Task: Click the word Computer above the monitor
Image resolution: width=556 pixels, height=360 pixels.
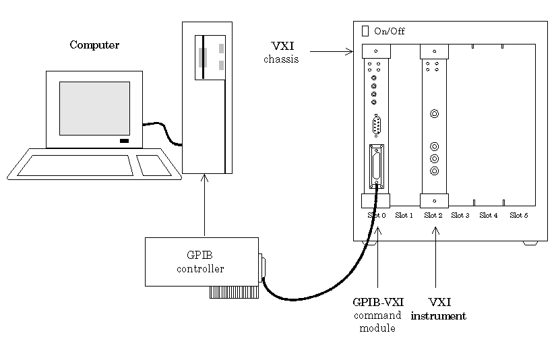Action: pos(94,45)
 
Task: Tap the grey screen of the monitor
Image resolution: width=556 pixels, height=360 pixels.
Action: pos(94,109)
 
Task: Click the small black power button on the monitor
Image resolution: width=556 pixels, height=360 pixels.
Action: pos(124,141)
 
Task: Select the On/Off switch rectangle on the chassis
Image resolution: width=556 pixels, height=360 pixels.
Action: pos(365,31)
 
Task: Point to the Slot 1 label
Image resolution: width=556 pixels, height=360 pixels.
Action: pos(404,215)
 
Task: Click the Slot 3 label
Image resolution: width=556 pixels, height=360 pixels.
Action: pos(460,215)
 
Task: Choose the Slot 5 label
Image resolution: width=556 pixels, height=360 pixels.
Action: pos(519,215)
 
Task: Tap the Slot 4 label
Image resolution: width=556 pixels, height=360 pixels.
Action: pos(489,215)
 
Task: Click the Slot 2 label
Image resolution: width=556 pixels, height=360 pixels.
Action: pos(433,215)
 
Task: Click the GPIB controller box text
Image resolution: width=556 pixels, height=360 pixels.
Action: pos(200,262)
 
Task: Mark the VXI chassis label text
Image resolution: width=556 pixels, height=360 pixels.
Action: pos(282,52)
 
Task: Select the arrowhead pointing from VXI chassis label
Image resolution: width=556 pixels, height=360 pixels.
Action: pos(350,52)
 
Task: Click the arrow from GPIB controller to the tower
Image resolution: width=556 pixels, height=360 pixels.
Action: pos(205,205)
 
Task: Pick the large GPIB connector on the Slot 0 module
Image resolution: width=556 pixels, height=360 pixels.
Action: pos(376,166)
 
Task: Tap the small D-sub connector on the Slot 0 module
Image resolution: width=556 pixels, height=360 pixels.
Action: pos(377,126)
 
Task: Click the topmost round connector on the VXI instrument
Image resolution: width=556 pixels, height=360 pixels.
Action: pos(435,113)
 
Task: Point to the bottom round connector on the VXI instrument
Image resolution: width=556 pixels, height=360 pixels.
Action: pos(435,171)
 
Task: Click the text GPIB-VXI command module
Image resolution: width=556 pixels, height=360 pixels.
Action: pos(377,315)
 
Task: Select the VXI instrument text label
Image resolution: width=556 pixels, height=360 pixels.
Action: pos(439,309)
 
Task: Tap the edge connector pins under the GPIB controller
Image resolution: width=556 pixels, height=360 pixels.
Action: pos(234,292)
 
